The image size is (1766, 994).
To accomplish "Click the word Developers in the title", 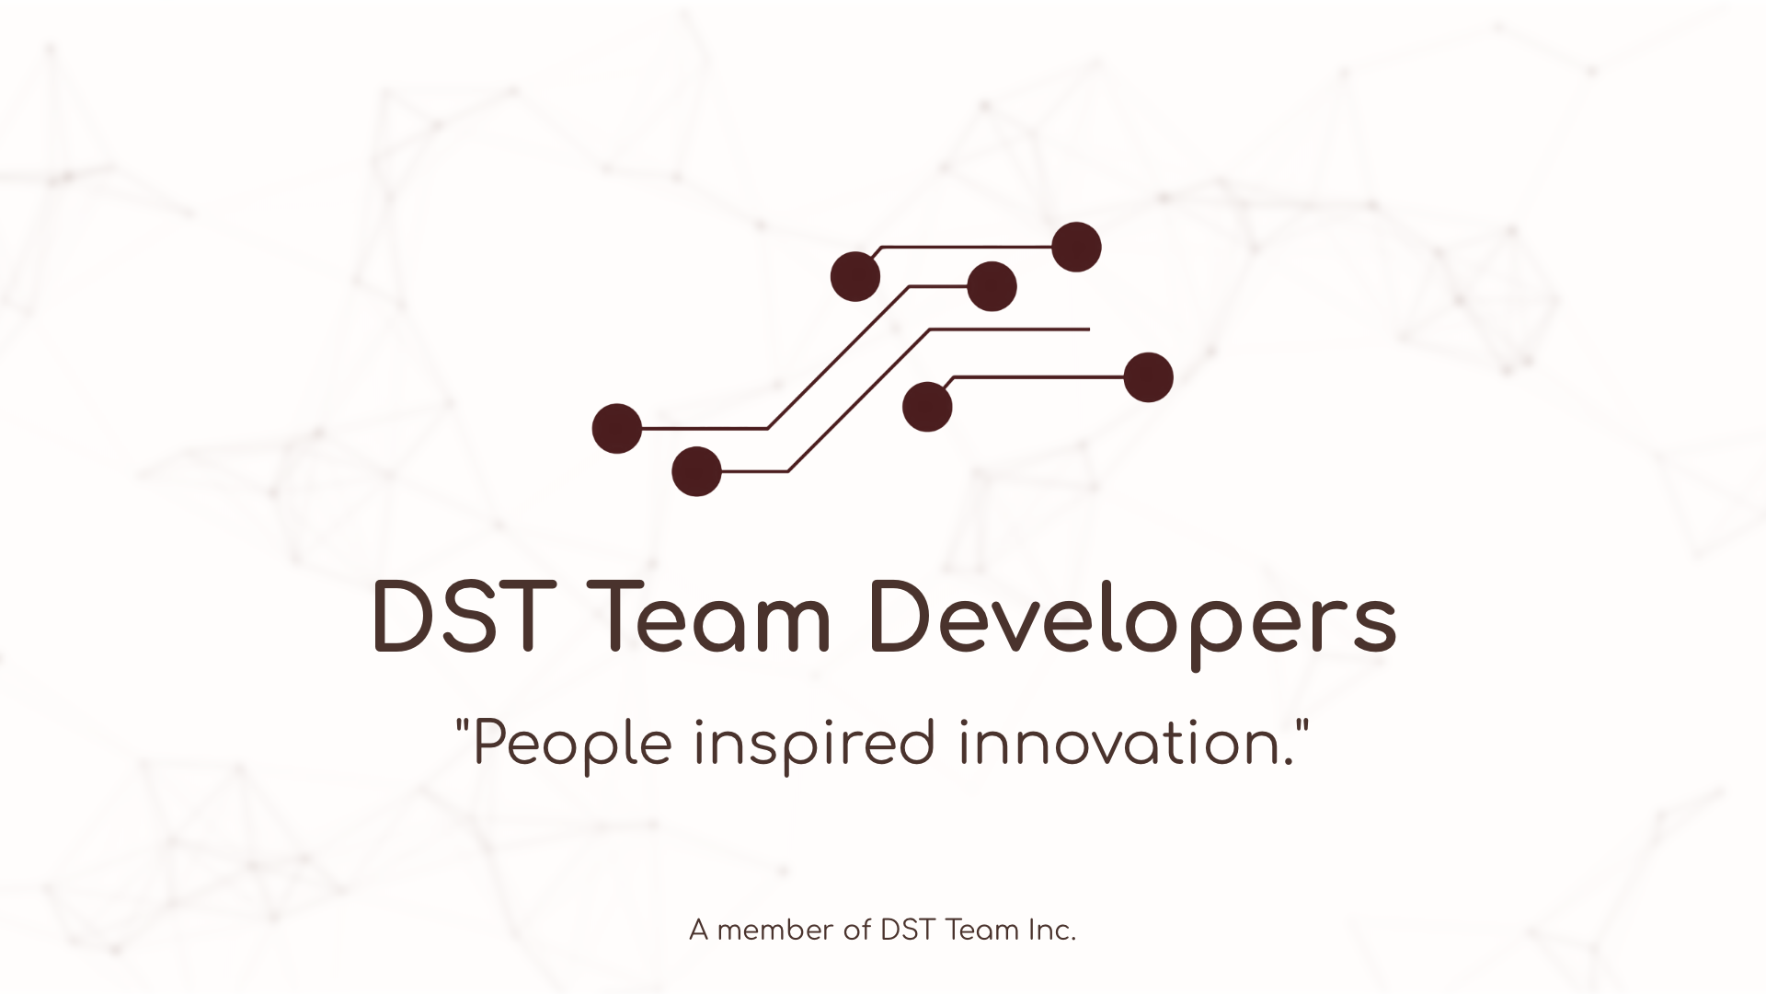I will click(x=1131, y=618).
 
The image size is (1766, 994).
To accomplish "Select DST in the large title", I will click(x=461, y=618).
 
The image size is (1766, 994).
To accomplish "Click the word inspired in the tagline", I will click(x=815, y=745).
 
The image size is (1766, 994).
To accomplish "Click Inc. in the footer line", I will click(x=1052, y=931).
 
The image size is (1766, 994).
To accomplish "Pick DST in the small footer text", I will click(x=908, y=931).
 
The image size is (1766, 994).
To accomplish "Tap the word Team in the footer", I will click(x=982, y=931).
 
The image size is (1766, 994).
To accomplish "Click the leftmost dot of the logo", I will click(x=616, y=428).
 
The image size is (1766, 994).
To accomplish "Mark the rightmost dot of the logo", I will click(x=1148, y=377).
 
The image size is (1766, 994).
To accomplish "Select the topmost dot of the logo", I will click(x=1076, y=247).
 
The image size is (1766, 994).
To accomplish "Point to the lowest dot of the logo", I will click(x=696, y=471).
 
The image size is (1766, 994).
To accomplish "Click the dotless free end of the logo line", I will click(x=1087, y=329).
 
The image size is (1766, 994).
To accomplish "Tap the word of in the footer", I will click(x=856, y=931).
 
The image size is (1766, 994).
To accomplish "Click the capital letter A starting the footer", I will click(x=699, y=931).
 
